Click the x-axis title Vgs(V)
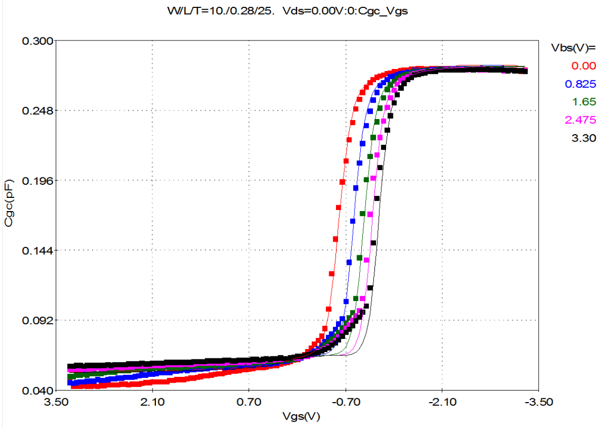tap(301, 416)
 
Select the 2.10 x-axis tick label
tap(152, 402)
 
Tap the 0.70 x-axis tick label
tap(249, 402)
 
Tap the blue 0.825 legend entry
tap(580, 84)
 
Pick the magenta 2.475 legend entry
tap(580, 120)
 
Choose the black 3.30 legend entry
tap(584, 138)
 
